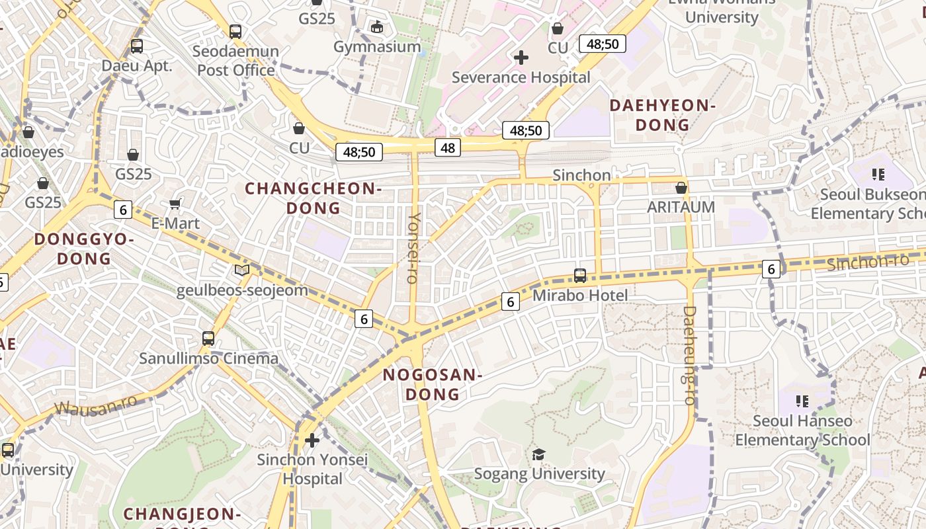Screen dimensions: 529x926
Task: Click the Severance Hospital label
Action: [521, 77]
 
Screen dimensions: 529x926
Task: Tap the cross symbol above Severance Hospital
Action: [521, 58]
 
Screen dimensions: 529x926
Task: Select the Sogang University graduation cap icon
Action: [539, 454]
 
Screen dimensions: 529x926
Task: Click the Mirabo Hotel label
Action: [580, 295]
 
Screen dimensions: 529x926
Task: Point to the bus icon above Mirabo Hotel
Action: [580, 275]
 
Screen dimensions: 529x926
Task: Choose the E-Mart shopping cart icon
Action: [175, 204]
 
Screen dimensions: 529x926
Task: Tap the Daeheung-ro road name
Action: [689, 355]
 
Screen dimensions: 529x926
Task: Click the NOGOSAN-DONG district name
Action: [432, 384]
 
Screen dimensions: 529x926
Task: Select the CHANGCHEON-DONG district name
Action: [313, 198]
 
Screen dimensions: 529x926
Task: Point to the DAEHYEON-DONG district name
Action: [663, 115]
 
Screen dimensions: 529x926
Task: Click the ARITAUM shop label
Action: [681, 207]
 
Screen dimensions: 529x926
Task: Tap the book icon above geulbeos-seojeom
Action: [242, 270]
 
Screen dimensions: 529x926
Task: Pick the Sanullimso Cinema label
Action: [208, 358]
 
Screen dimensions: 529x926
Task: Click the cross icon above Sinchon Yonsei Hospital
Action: [312, 440]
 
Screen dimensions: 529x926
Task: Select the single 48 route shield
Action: [448, 147]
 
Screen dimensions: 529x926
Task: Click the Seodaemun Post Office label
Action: [235, 60]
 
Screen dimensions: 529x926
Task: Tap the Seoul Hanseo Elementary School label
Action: [802, 430]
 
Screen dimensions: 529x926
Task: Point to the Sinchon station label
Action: [581, 175]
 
